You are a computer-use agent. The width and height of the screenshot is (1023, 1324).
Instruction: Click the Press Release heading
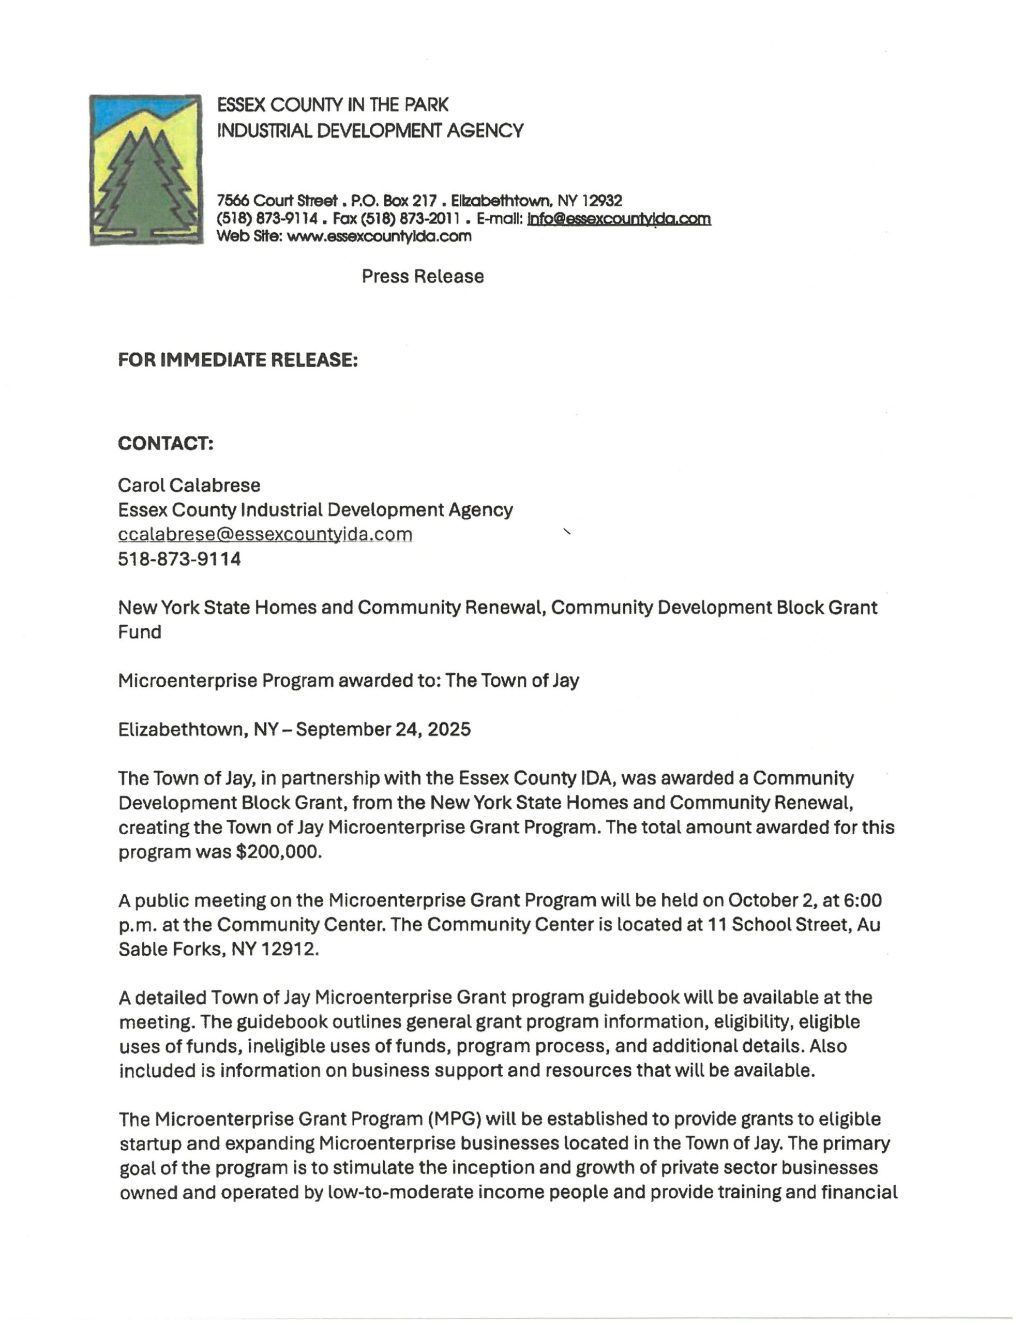[423, 277]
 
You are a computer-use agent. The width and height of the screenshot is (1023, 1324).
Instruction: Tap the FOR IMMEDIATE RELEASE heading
[238, 360]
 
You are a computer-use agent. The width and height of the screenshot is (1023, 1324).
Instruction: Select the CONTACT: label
[166, 443]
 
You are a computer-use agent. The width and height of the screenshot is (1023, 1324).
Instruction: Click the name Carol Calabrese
[189, 485]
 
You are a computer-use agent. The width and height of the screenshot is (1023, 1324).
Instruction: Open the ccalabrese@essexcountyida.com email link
[265, 534]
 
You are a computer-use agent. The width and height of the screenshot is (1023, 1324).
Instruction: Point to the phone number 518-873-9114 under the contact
[179, 559]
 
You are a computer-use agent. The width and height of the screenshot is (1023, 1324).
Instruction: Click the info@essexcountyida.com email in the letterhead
[619, 219]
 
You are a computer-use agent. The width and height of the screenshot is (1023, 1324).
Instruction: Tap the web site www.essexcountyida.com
[379, 236]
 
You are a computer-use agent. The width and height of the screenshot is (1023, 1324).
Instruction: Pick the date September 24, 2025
[383, 729]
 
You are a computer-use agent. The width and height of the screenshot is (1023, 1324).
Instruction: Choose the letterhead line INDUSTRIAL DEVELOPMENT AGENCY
[370, 130]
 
